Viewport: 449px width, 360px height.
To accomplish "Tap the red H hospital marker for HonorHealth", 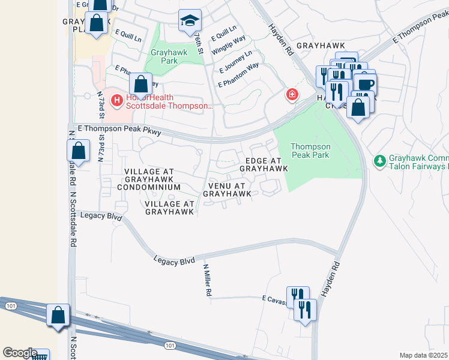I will click(x=117, y=100).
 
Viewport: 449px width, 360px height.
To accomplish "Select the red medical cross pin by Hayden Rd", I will click(x=292, y=95).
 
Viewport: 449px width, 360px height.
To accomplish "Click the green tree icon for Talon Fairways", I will click(x=379, y=161).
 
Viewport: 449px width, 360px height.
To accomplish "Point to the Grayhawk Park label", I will click(x=169, y=56).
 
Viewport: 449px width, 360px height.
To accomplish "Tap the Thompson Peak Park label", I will click(x=310, y=151).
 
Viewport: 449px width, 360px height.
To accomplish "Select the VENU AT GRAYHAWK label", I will click(x=227, y=190).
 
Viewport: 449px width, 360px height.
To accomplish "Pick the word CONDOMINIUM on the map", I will click(x=149, y=187).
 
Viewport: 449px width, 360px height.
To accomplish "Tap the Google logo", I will click(x=20, y=353).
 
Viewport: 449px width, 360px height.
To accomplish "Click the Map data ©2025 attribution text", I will click(x=423, y=355).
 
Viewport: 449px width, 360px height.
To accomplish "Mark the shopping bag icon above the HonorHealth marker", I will click(x=140, y=84).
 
